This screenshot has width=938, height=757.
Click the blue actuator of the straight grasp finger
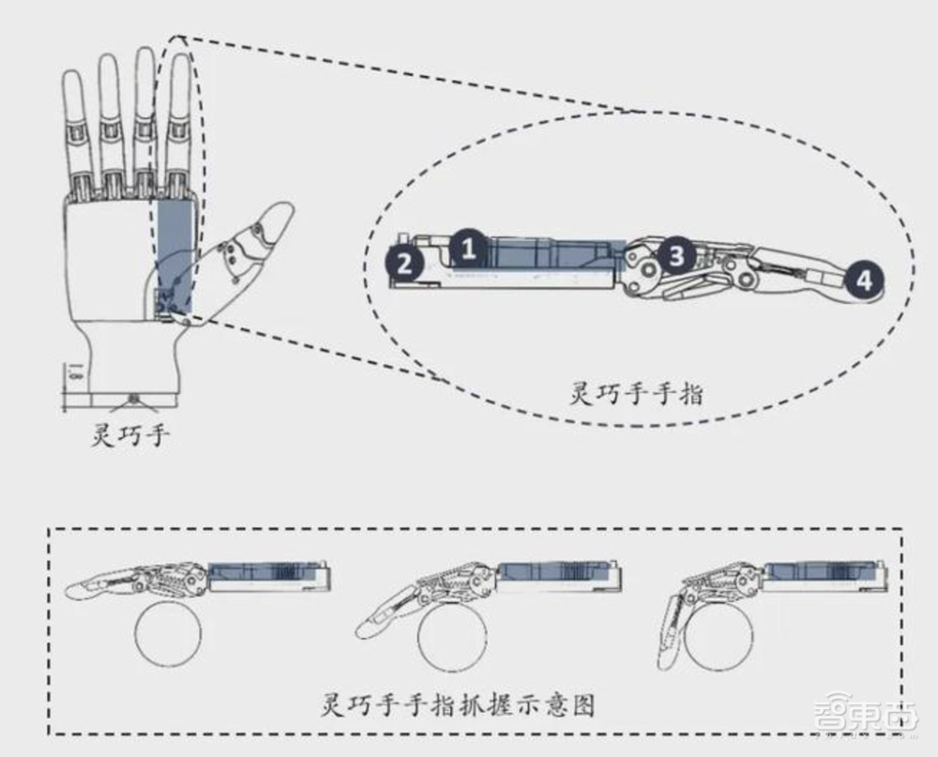267,572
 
